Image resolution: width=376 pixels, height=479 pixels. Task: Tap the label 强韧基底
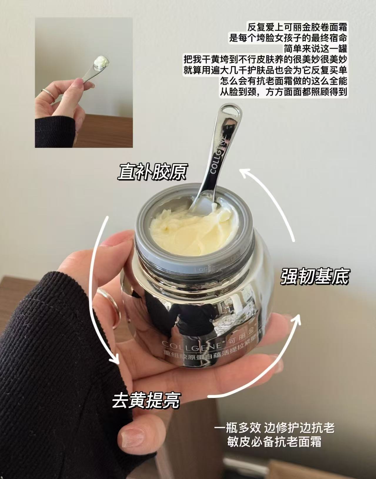tap(314, 276)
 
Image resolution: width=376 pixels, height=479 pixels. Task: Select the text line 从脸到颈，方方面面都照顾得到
tap(284, 92)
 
